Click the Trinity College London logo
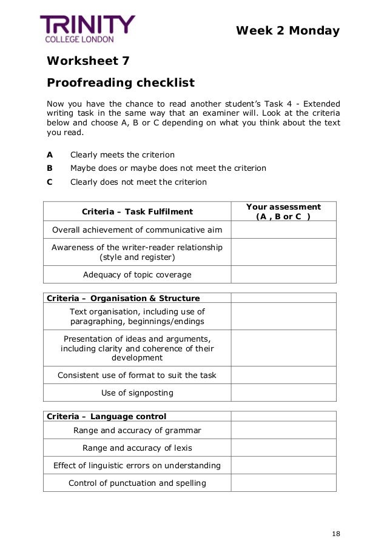(87, 28)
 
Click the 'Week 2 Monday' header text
(288, 31)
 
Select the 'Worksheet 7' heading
(88, 61)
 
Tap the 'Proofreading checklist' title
(121, 82)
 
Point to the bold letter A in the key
(50, 154)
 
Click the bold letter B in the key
(50, 168)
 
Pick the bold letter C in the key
(50, 182)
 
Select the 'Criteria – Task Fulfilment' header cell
(137, 211)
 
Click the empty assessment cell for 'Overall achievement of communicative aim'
(283, 230)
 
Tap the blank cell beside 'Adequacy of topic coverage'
(283, 274)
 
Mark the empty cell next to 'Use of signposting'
(283, 393)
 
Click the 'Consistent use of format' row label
(137, 375)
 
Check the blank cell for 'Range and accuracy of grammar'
(283, 430)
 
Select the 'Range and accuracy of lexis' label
(137, 448)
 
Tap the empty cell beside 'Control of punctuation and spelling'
(283, 483)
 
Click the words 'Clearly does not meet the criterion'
(138, 182)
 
